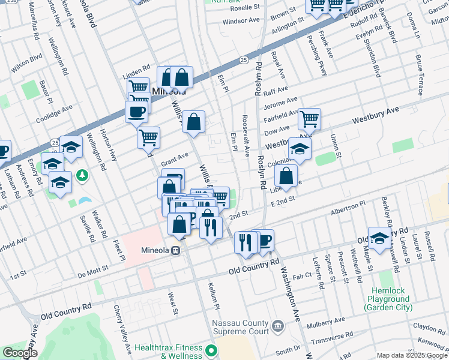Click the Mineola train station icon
click(176, 250)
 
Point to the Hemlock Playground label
click(388, 299)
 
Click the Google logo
click(20, 353)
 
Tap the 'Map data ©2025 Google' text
click(411, 355)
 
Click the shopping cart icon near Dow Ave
click(309, 119)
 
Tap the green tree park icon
click(83, 175)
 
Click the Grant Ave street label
click(175, 160)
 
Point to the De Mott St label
click(92, 270)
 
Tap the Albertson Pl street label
click(348, 209)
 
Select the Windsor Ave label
click(241, 20)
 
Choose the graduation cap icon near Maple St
click(379, 238)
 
